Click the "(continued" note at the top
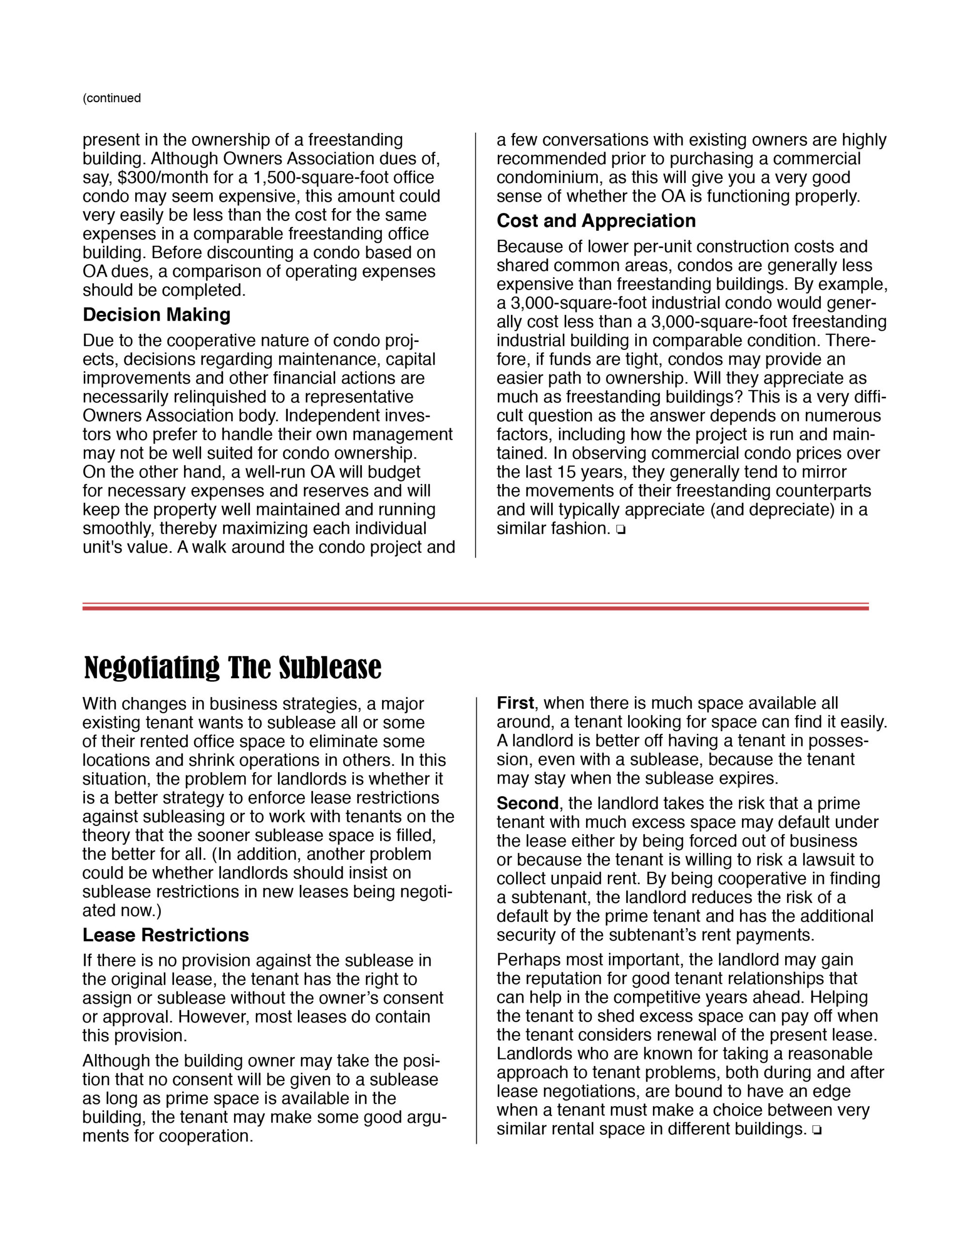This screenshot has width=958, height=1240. pos(112,98)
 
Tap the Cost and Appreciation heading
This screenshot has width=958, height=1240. pos(596,221)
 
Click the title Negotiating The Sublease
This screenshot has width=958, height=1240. pos(233,667)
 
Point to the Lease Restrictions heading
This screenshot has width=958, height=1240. pos(165,935)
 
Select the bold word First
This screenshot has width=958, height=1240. pos(514,703)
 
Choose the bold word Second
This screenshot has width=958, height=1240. pos(527,804)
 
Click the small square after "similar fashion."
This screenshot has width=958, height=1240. pos(621,530)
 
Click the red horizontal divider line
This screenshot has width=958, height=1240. pos(475,607)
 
